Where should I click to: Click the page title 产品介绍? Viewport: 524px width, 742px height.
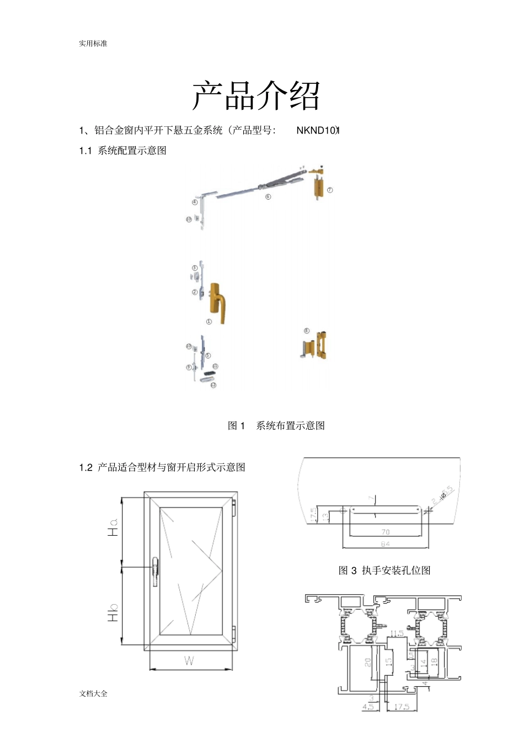tap(256, 95)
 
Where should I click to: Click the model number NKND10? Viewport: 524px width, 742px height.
tap(317, 130)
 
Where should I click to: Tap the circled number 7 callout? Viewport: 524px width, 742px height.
tap(330, 190)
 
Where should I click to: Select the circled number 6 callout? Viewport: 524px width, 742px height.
tap(268, 196)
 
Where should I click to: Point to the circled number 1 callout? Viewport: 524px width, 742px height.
tap(208, 322)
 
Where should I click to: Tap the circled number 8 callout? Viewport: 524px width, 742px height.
tap(307, 331)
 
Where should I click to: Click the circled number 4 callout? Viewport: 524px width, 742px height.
tap(194, 202)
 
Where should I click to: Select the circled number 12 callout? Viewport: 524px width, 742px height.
tap(213, 385)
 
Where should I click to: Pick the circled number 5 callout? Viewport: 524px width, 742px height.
tap(208, 356)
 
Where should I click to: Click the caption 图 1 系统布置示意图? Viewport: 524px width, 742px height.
tap(276, 425)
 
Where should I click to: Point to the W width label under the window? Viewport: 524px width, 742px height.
tap(189, 661)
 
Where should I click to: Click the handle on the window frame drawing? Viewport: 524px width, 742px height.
tap(156, 571)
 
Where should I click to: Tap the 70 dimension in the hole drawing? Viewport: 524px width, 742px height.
tap(386, 532)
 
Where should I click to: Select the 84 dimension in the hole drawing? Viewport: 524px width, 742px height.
tap(386, 544)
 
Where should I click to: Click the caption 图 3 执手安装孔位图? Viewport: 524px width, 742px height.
tap(384, 570)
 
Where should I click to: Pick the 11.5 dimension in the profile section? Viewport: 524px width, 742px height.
tap(397, 633)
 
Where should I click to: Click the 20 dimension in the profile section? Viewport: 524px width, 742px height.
tap(368, 662)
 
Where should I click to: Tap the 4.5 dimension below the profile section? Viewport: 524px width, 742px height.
tap(368, 706)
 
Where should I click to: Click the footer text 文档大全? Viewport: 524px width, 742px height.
tap(93, 693)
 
